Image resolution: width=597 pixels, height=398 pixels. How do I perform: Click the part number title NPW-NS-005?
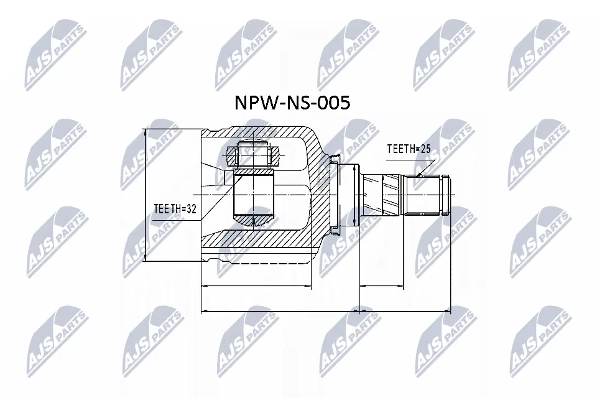(292, 103)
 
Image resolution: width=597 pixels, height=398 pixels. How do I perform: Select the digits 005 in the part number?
(333, 103)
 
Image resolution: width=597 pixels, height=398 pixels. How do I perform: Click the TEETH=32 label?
(174, 210)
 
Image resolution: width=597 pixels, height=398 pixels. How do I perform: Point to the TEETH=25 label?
(409, 149)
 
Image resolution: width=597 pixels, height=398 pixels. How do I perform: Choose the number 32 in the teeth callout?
(190, 210)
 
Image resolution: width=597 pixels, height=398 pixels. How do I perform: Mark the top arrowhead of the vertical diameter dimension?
(145, 132)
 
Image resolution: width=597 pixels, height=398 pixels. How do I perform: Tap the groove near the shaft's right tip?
(443, 195)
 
